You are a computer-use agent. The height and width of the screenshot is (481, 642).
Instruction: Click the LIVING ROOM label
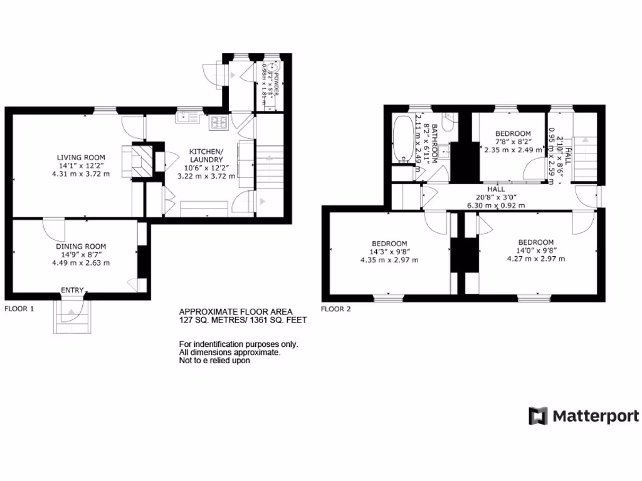coord(81,157)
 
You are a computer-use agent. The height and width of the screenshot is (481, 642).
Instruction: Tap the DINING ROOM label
coord(81,247)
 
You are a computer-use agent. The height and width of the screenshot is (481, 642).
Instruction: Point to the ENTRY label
coord(72,290)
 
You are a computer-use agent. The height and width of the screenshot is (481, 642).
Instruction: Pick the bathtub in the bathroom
coord(401,140)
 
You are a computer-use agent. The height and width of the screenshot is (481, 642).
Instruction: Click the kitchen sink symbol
coord(187,116)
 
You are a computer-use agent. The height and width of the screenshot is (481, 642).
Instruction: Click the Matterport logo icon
coord(538,416)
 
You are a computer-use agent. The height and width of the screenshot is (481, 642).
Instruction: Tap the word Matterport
coord(596,416)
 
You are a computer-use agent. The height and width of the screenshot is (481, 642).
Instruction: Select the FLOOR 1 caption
coord(19,309)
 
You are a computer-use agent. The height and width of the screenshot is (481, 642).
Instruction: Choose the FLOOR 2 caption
coord(336,309)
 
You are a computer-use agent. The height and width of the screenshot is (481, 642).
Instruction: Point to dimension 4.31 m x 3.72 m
coord(81,173)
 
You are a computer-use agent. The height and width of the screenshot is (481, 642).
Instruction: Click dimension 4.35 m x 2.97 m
coord(389,260)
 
